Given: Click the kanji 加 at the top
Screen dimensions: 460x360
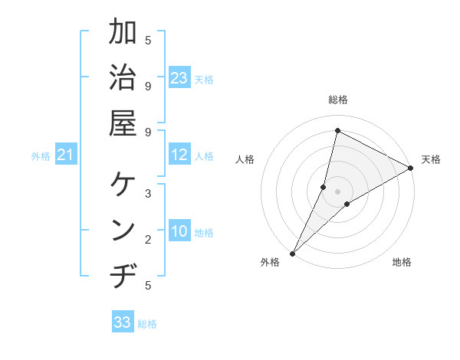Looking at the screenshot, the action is click(123, 33).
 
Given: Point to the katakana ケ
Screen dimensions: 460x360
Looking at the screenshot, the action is click(123, 185).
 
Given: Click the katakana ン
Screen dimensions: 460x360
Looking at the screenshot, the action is click(123, 231).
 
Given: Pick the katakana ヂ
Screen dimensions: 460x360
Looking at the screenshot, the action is click(123, 276).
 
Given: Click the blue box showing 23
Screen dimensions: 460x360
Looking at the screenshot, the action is click(179, 78).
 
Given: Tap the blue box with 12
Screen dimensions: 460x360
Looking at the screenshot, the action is click(179, 155).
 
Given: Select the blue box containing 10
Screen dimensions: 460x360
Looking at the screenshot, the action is click(179, 232).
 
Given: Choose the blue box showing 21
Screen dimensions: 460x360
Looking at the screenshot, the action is click(67, 155).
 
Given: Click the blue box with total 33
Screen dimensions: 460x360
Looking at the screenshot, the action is click(123, 322).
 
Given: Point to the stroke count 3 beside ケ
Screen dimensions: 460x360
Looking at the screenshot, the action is click(148, 193).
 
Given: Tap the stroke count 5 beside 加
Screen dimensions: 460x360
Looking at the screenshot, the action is click(148, 39).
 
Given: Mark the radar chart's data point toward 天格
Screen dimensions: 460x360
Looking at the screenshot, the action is click(410, 169).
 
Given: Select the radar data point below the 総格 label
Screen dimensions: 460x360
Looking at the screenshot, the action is click(337, 130).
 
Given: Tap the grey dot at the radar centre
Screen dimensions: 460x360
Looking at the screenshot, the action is click(337, 191).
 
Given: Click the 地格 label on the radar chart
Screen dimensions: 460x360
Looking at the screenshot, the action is click(402, 263).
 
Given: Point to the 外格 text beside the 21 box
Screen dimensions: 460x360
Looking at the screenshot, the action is click(41, 156).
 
